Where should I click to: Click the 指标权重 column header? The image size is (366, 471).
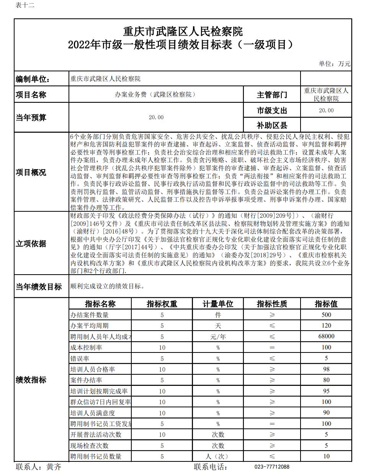pos(162,304)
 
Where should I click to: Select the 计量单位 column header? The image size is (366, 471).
pos(218,304)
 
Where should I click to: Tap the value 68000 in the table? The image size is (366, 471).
pos(326,336)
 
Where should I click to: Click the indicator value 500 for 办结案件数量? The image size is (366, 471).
pos(326,315)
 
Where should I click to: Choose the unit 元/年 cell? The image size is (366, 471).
pos(218,336)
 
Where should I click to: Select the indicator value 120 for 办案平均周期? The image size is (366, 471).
pos(326,326)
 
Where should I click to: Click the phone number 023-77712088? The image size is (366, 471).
pos(272,467)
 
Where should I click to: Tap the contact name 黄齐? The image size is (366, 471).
pos(54,467)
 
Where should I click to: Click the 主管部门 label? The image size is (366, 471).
pos(272,95)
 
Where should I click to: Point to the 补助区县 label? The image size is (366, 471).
pos(272,125)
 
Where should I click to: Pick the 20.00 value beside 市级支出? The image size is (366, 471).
pos(326,110)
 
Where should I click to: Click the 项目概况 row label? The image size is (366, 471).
pos(31,172)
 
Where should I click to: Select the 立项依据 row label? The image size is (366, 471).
pos(31,244)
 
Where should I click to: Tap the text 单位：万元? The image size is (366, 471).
pos(334,64)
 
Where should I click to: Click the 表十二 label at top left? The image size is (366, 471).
pos(25,5)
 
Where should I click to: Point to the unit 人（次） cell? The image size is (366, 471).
pos(218,456)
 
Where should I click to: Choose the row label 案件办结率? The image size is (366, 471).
pos(86,380)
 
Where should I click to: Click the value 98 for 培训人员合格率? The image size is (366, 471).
pos(326,369)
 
